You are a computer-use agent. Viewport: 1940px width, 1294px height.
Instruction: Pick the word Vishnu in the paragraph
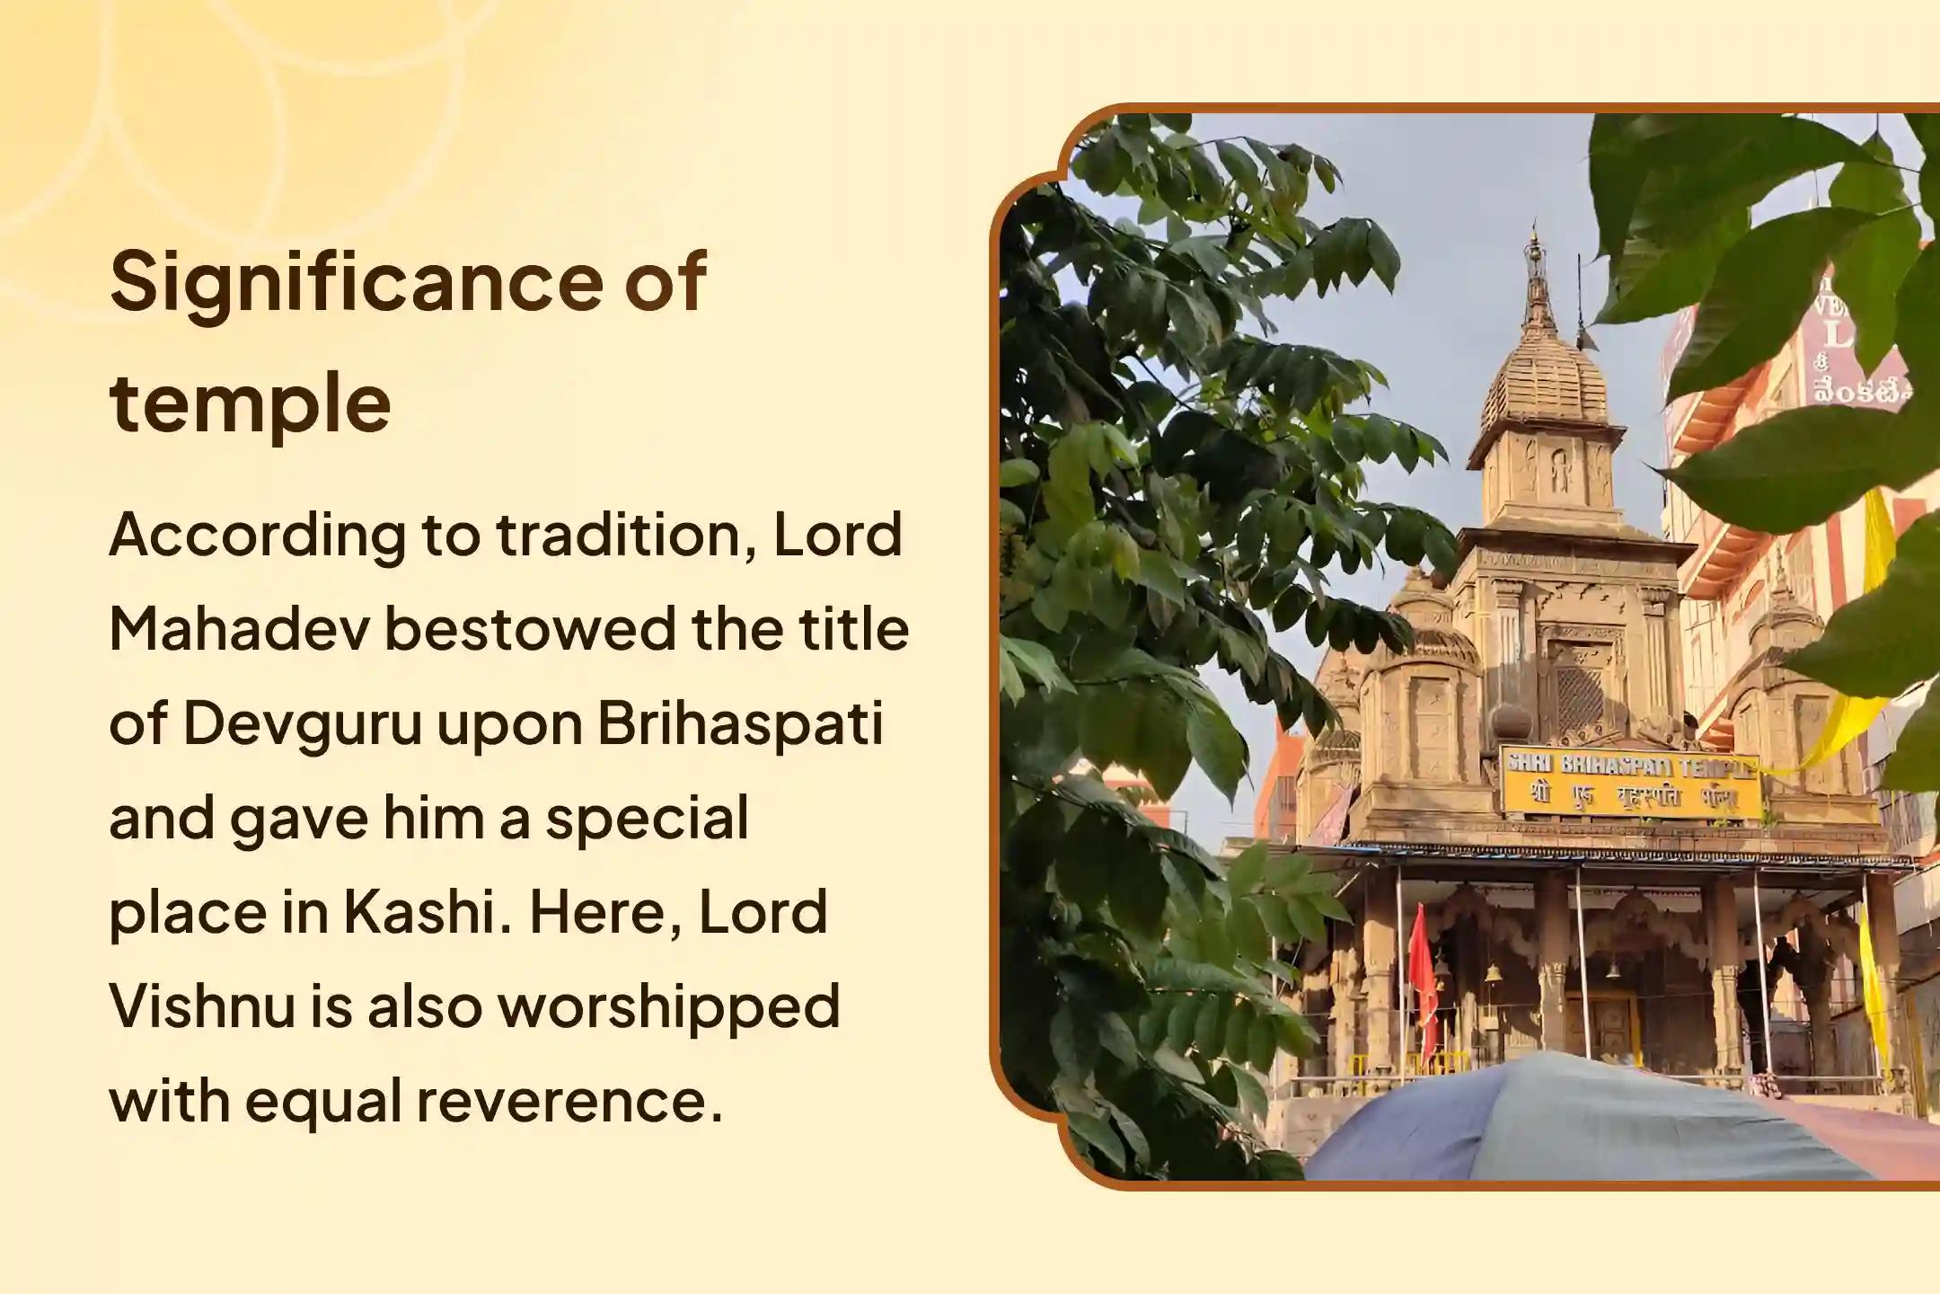pyautogui.click(x=202, y=1006)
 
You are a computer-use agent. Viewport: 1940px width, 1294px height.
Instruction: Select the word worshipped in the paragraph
pyautogui.click(x=669, y=1006)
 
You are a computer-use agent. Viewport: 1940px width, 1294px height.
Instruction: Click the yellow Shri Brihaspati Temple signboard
pyautogui.click(x=1630, y=783)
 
